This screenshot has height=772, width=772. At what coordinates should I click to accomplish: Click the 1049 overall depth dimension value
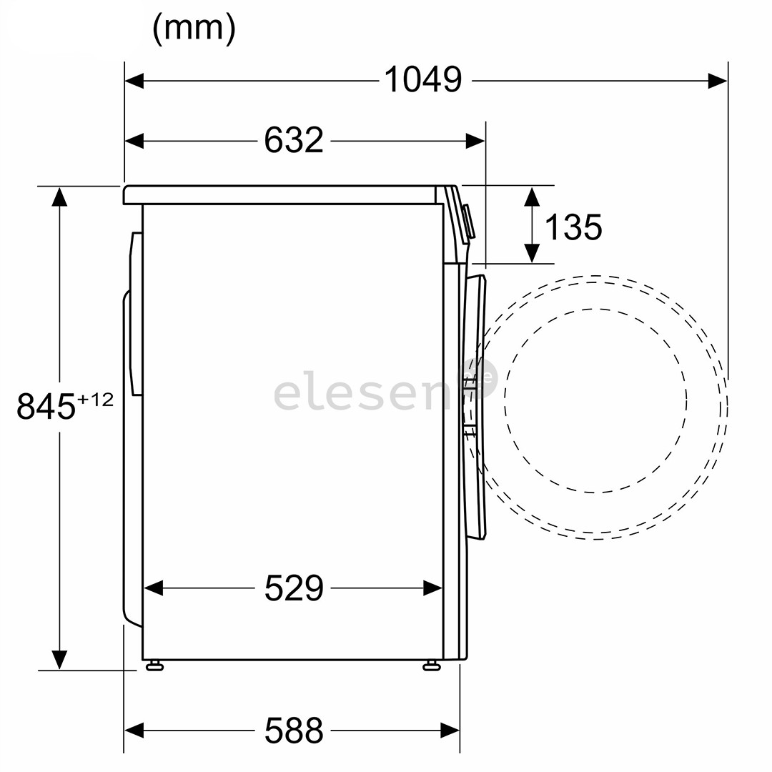pos(423,80)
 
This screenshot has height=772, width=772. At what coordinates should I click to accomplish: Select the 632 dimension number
pos(294,140)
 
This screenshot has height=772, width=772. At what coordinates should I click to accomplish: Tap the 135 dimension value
pos(573,227)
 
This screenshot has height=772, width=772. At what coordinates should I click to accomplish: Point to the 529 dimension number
pos(294,588)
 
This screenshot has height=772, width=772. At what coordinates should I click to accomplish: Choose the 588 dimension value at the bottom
pos(294,730)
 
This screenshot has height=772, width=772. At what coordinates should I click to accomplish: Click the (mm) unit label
pos(194,29)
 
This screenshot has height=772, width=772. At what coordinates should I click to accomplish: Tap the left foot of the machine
pos(154,666)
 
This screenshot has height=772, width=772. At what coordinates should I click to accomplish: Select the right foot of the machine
pos(432,666)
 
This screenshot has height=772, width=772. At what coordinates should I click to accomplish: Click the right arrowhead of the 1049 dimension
pos(718,81)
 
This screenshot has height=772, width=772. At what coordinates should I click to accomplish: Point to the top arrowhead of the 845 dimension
pos(59,197)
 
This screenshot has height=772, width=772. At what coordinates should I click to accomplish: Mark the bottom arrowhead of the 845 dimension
pos(59,660)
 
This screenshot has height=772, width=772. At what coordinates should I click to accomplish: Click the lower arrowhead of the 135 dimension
pos(531,253)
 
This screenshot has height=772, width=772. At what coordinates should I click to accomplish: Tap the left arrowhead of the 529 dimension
pos(154,588)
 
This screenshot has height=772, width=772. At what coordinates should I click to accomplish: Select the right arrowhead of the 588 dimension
pos(450,730)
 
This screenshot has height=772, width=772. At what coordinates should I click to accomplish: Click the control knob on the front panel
pos(468,222)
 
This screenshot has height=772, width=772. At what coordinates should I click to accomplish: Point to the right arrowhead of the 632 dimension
pos(475,141)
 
